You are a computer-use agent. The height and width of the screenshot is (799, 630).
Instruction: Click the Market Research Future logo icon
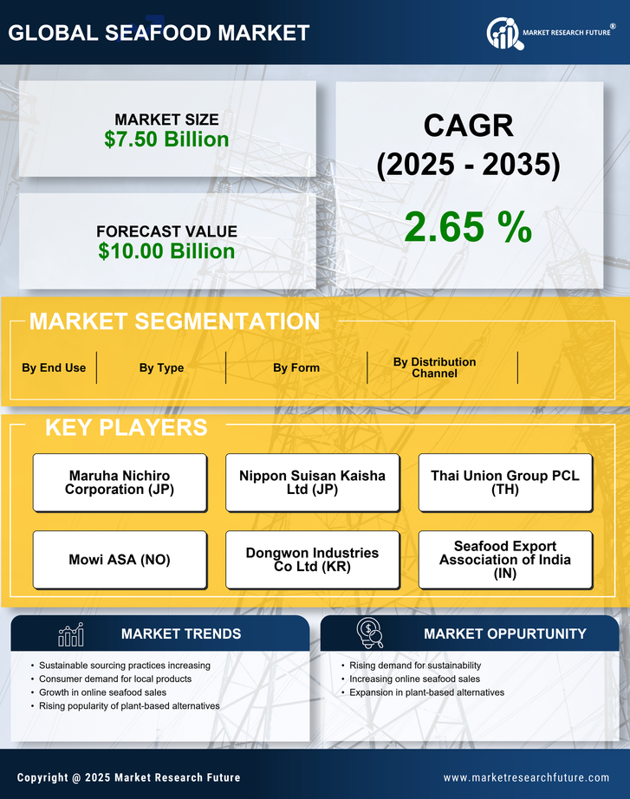click(503, 33)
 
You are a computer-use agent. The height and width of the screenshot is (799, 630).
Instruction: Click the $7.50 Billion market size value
click(166, 140)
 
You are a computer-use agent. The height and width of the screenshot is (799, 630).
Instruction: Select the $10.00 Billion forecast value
click(166, 251)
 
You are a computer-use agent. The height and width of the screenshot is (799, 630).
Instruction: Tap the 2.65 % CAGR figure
click(468, 227)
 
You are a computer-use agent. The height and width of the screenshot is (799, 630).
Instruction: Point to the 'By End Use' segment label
click(54, 367)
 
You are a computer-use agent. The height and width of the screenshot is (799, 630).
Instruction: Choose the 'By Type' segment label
click(161, 367)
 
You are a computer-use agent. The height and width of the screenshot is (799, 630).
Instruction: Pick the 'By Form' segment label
click(296, 367)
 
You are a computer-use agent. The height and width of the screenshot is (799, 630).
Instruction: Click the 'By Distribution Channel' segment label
click(434, 367)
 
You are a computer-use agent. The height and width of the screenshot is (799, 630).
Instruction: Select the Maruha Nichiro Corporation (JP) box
click(120, 483)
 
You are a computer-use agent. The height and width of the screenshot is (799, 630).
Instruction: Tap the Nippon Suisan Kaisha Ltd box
click(312, 483)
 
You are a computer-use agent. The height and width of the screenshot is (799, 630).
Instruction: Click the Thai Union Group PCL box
click(505, 483)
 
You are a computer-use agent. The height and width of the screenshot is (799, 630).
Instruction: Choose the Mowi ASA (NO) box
click(120, 560)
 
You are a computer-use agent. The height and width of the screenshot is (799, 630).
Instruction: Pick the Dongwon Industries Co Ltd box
click(312, 560)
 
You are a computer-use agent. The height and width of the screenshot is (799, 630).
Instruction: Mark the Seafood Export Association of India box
click(505, 560)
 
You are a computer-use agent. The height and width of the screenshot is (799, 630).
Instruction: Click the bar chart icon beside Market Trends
click(71, 634)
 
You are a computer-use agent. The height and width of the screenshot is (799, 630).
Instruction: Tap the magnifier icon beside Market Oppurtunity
click(370, 633)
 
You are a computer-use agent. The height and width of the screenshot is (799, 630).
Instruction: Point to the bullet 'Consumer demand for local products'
click(115, 679)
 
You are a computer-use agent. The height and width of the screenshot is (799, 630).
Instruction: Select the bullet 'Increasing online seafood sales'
click(414, 679)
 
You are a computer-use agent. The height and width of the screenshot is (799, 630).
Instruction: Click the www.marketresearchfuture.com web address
click(526, 777)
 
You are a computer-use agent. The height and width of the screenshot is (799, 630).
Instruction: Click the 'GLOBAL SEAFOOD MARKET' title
click(159, 33)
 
